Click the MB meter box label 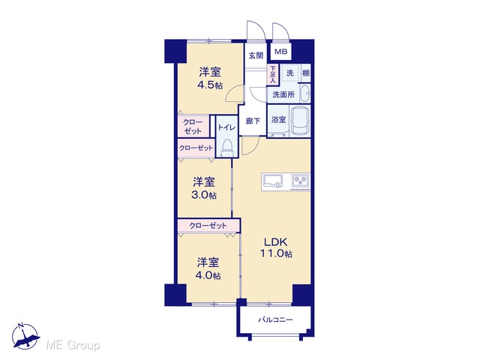point(280,52)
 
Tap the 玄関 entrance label point(256,55)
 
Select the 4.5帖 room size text point(210,85)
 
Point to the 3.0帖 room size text point(204,195)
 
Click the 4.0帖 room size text point(208,275)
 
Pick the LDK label point(276,242)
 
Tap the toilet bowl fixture point(226,148)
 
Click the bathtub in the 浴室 point(300,121)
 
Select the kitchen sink point(272,181)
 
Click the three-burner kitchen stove point(301,181)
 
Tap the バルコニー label point(275,320)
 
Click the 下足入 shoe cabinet point(272,74)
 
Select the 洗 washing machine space point(289,73)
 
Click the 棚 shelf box point(305,73)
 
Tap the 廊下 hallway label point(253,121)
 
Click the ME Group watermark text point(73,346)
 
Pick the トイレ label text point(226,127)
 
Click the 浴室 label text point(278,120)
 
